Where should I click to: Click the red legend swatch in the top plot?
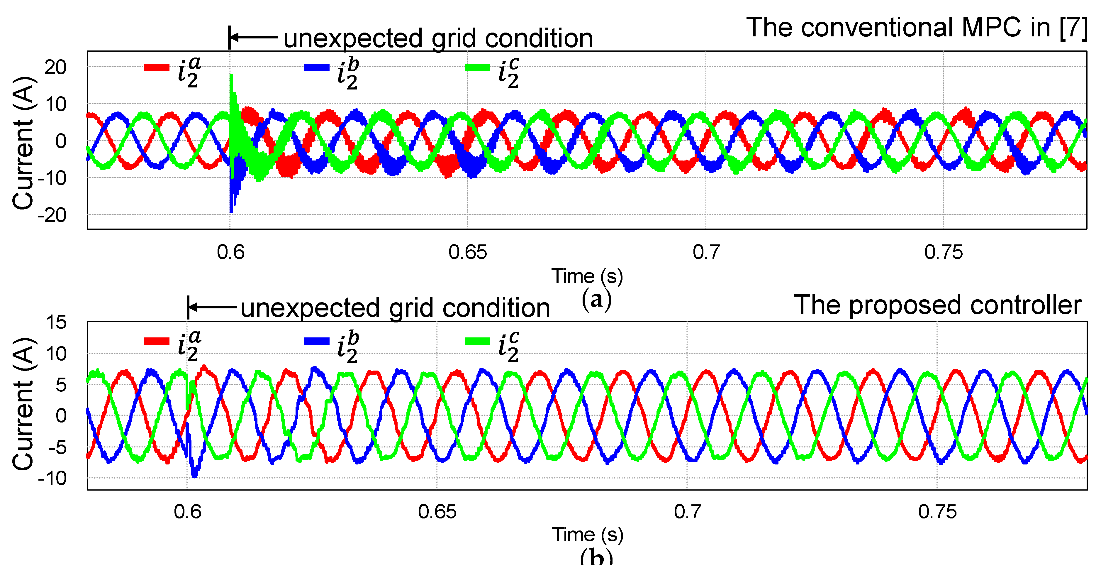pos(157,67)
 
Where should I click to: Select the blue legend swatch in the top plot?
pos(317,67)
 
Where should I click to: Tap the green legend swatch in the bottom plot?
pos(477,341)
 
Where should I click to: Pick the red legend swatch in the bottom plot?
pos(157,341)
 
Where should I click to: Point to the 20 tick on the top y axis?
pos(55,67)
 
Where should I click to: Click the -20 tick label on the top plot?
pos(52,215)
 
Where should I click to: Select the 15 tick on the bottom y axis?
pos(56,322)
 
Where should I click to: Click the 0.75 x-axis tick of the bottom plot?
pos(937,512)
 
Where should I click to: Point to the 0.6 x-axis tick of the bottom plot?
pos(187,512)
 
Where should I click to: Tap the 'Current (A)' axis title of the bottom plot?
pos(23,404)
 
